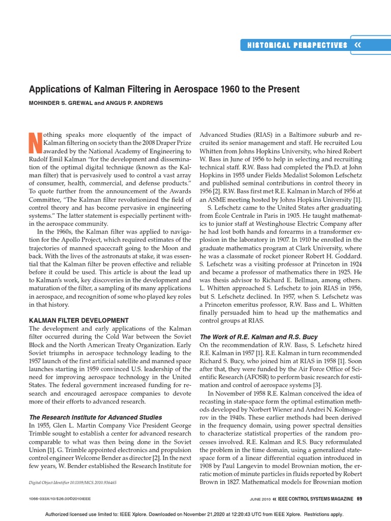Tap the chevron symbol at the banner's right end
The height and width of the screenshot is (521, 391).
click(x=357, y=45)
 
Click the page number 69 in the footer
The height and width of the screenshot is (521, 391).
click(x=359, y=498)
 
